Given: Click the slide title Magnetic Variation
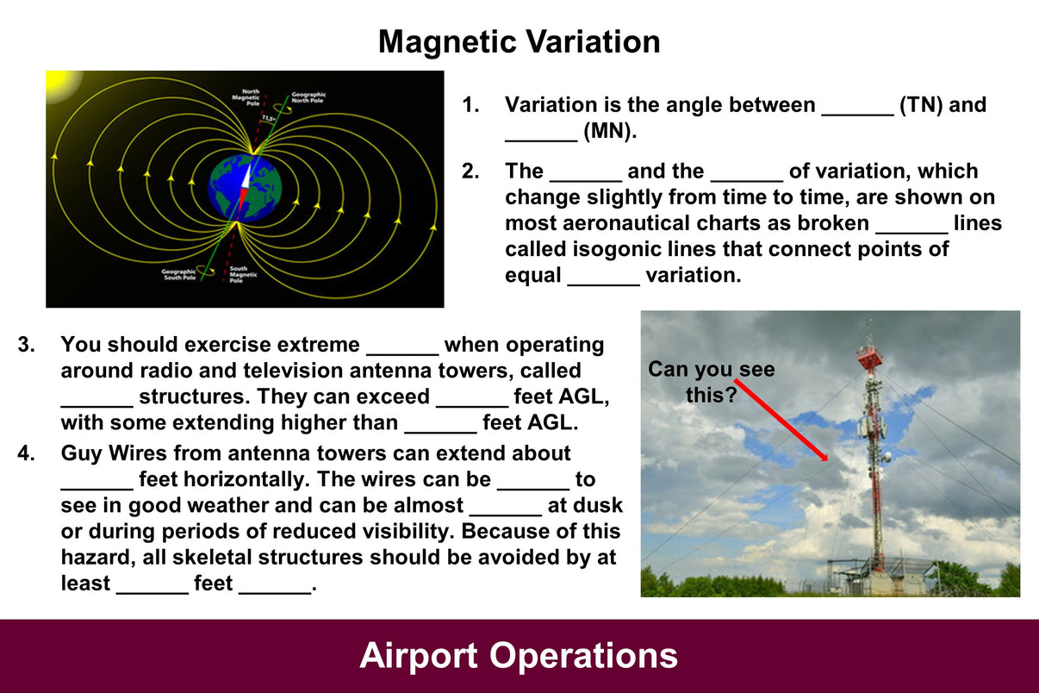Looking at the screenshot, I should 519,41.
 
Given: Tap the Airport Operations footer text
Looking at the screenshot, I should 519,656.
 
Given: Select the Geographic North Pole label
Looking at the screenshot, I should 308,97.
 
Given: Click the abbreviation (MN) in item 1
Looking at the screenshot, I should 608,132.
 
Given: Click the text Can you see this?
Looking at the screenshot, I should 711,382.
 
